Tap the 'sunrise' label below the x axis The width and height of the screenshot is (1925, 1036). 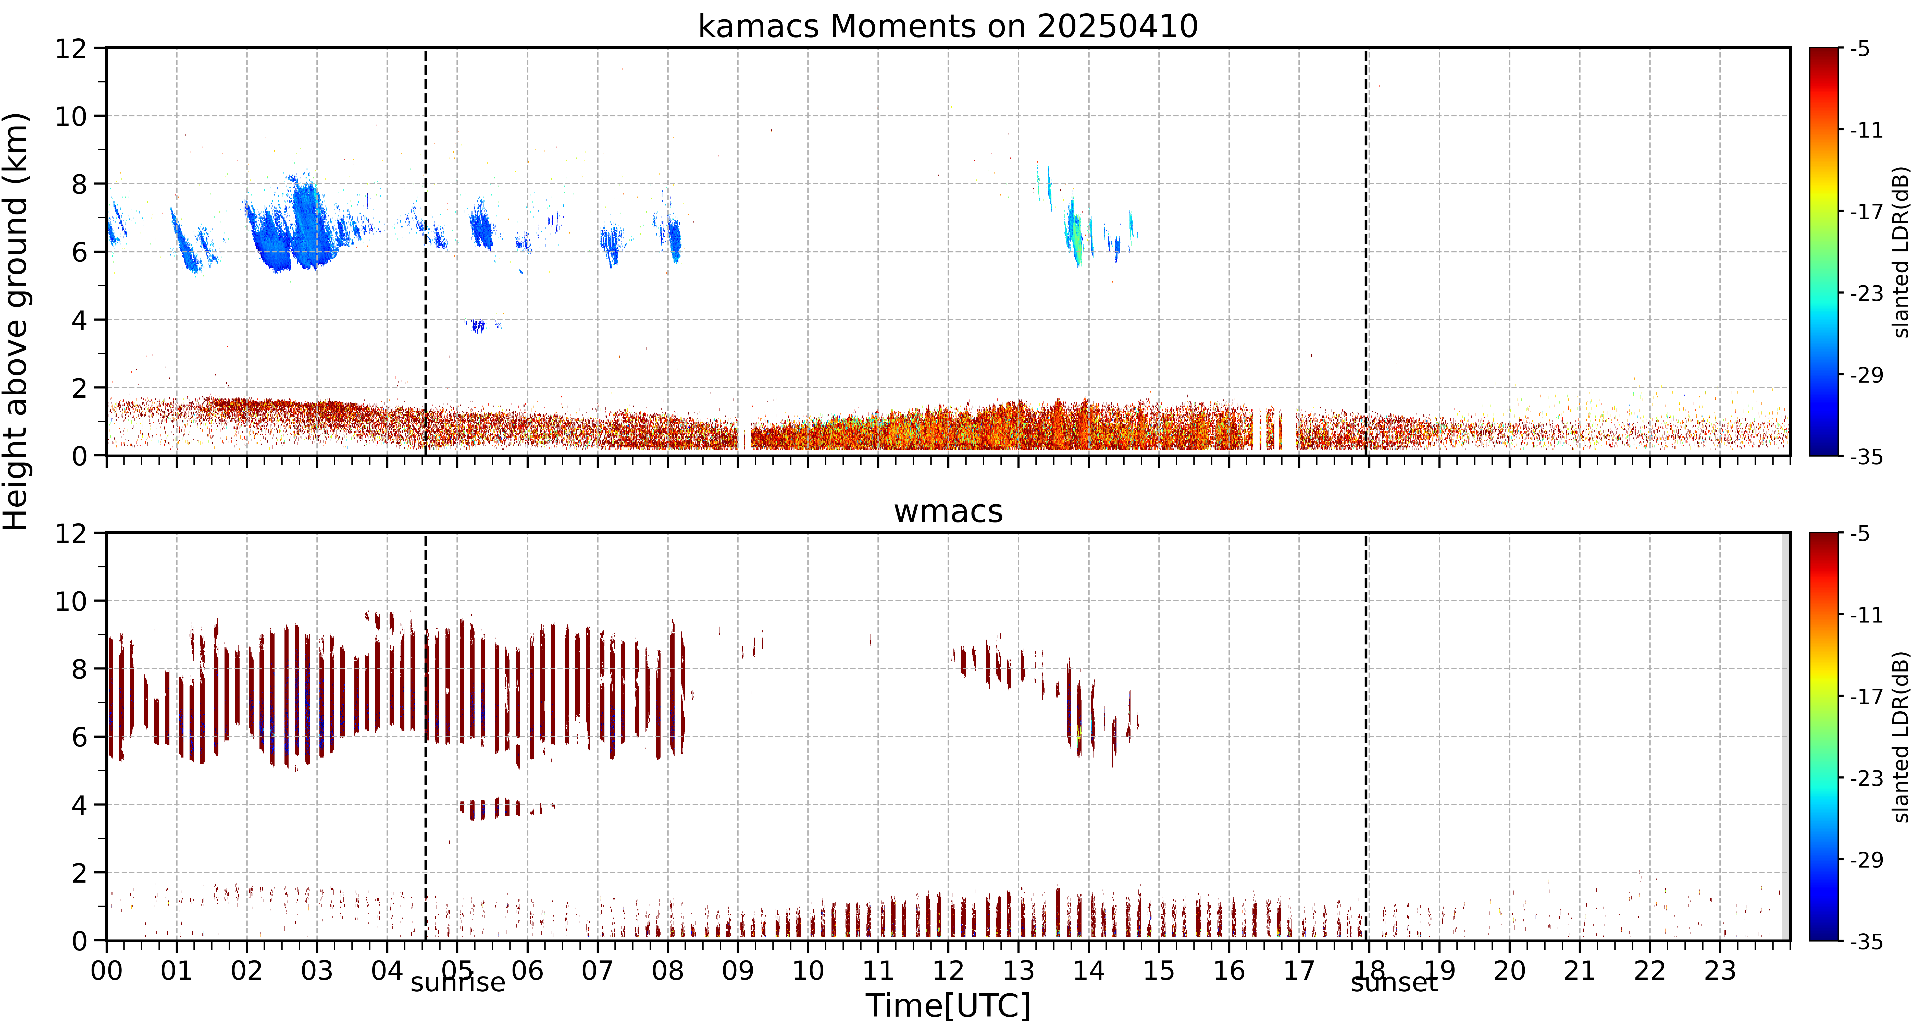(458, 982)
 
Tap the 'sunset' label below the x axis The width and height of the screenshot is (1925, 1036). (1394, 982)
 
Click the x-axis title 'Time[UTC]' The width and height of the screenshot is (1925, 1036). (948, 1006)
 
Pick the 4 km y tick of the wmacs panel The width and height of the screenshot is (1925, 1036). (79, 805)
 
